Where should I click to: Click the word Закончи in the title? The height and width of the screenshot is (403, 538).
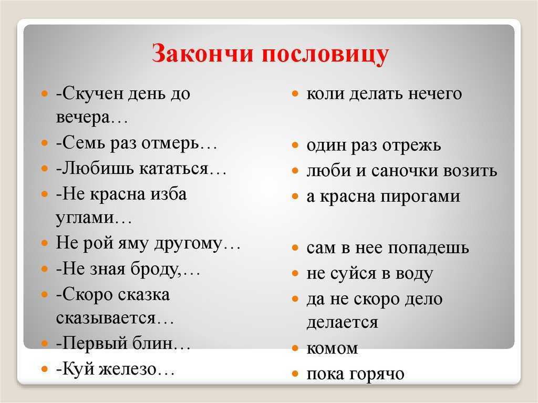pyautogui.click(x=202, y=53)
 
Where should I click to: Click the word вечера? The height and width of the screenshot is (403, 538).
pyautogui.click(x=82, y=117)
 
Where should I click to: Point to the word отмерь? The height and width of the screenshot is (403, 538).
pyautogui.click(x=170, y=143)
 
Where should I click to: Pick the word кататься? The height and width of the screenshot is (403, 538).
pyautogui.click(x=174, y=169)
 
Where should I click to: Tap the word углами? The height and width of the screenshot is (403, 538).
pyautogui.click(x=85, y=218)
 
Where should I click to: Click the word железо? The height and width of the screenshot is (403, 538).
pyautogui.click(x=128, y=369)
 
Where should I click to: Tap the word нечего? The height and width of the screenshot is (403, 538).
pyautogui.click(x=434, y=94)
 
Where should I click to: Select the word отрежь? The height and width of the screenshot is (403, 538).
pyautogui.click(x=412, y=146)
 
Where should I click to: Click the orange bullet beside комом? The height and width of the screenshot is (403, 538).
pyautogui.click(x=295, y=348)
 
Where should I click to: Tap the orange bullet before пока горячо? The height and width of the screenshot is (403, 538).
pyautogui.click(x=295, y=374)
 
